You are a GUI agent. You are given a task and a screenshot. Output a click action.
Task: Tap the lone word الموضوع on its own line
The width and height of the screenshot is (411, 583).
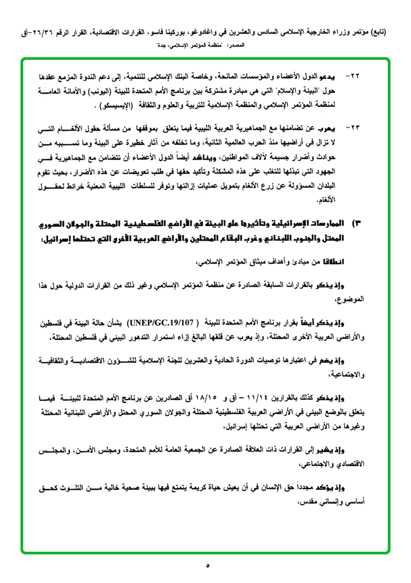point(352,298)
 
